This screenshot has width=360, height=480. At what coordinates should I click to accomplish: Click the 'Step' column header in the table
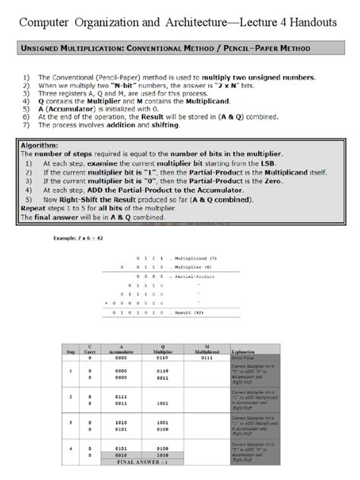click(x=71, y=353)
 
